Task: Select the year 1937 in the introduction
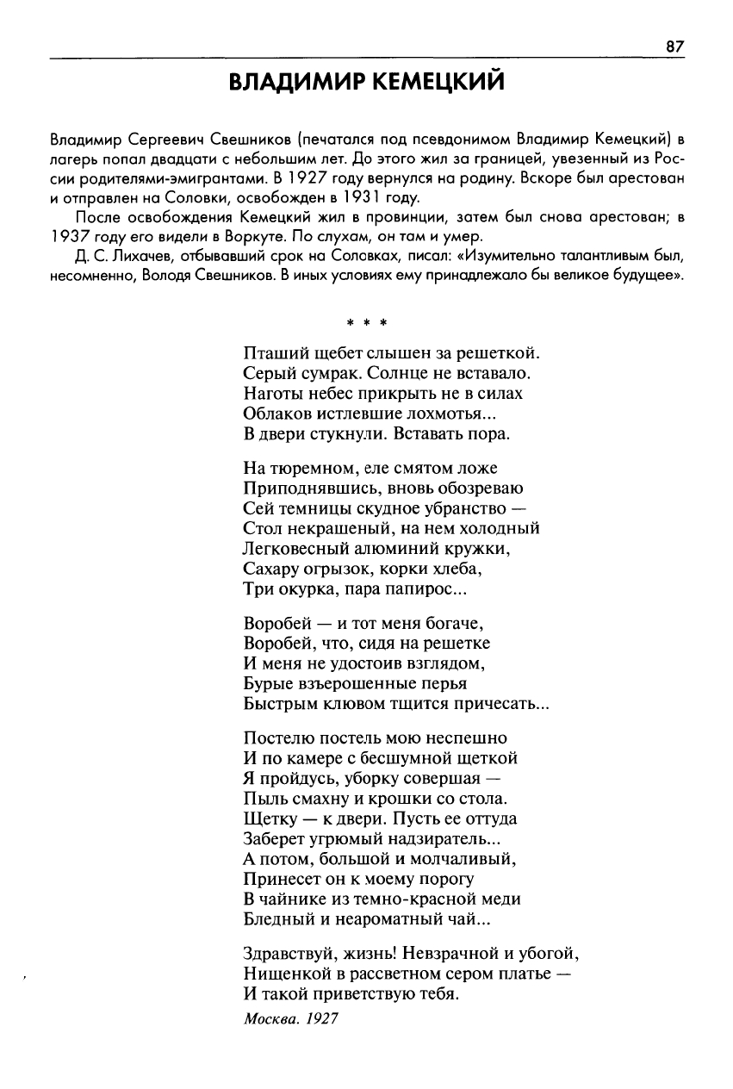(67, 236)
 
